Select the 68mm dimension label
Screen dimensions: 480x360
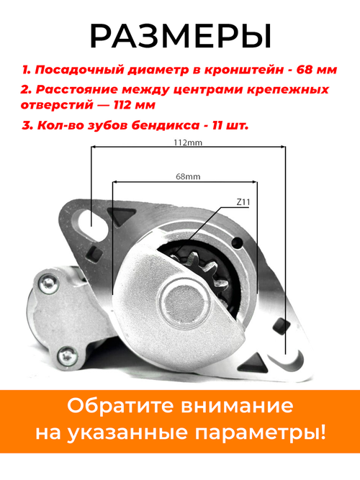pos(187,176)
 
